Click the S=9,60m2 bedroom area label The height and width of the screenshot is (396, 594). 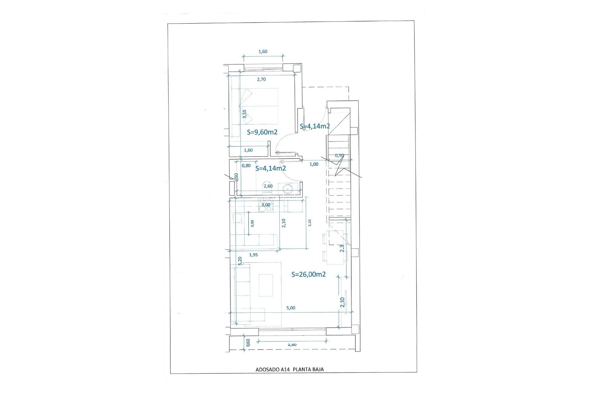pos(262,132)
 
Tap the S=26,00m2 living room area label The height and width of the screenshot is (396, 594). pos(308,274)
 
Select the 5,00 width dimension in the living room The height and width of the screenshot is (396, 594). pos(291,308)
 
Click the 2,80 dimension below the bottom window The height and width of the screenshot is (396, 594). pos(292,344)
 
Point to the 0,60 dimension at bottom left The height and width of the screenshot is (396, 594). pos(248,342)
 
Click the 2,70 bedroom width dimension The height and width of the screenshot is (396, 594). pos(261,79)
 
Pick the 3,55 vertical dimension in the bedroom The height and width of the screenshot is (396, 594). pos(244,114)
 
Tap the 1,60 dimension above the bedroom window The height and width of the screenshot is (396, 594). pos(263,52)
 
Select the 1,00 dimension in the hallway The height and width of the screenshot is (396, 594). pos(314,164)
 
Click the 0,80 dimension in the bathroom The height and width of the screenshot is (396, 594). pos(246,166)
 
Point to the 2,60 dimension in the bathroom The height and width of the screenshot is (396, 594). pos(268,186)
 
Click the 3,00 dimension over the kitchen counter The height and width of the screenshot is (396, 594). pos(266,204)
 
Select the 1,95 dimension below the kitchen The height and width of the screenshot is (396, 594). pos(253,255)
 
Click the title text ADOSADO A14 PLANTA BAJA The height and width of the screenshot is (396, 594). pos(290,369)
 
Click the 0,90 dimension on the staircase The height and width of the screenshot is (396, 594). pos(339,155)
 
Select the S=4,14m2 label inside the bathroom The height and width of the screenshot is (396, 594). pos(270,168)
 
